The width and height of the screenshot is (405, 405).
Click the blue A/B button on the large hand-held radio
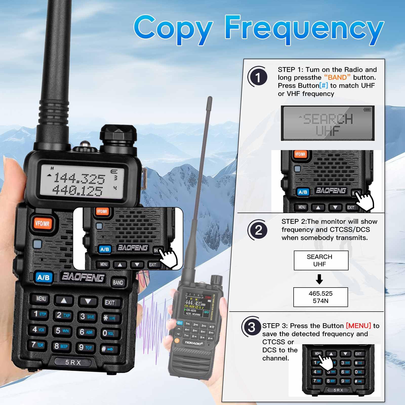pos(43,277)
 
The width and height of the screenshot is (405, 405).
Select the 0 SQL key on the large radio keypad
pos(108,333)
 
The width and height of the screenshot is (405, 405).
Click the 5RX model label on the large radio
pos(73,362)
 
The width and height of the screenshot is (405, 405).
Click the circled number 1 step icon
pos(258,77)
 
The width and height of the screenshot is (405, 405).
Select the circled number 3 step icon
pos(251,327)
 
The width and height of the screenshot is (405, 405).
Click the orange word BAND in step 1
pos(337,77)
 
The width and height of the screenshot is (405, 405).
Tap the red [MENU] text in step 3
pos(358,326)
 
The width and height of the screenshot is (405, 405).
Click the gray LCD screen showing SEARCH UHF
pos(328,123)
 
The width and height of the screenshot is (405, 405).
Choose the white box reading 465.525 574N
pos(320,297)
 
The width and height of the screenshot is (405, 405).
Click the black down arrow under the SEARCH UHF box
pos(319,279)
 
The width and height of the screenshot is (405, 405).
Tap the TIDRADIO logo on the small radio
pos(194,343)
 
